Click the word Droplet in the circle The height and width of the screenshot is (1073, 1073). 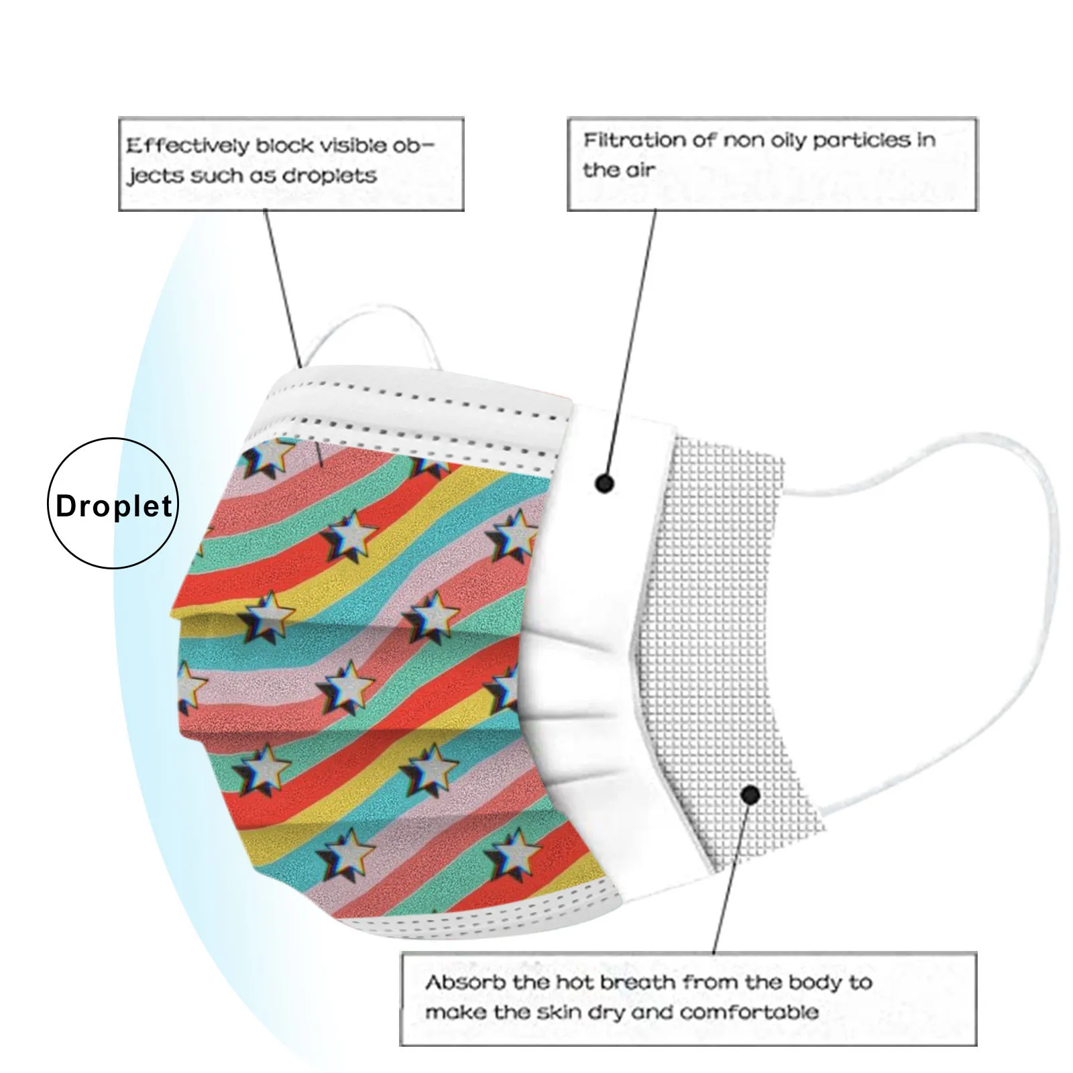[x=113, y=506]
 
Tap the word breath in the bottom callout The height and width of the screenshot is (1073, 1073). [x=636, y=982]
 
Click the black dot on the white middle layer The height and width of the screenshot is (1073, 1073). [x=604, y=483]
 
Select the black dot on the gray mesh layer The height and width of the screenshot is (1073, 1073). [x=750, y=795]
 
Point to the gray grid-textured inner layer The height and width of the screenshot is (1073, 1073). [x=724, y=604]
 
